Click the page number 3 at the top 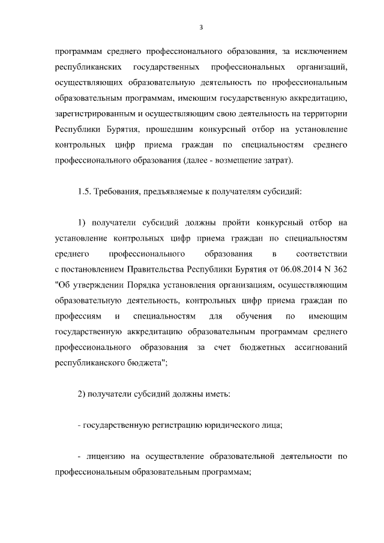(x=200, y=27)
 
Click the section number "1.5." (x=86, y=193)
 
